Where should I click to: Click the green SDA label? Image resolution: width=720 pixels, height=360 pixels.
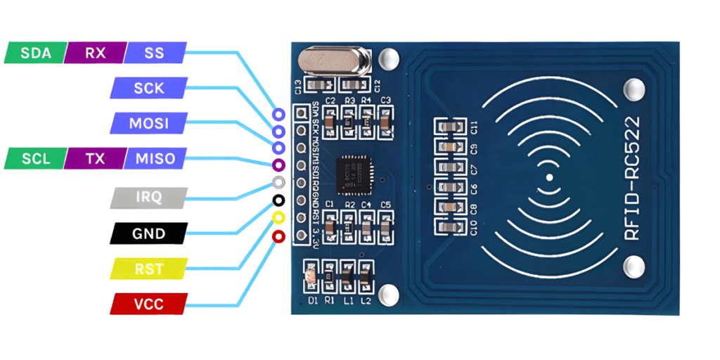[35, 53]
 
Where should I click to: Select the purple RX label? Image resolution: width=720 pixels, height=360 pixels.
[95, 53]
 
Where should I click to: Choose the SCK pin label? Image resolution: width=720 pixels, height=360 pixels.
[148, 88]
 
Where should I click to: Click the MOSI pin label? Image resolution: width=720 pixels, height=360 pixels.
[148, 124]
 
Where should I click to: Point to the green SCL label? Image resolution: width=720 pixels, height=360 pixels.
[35, 159]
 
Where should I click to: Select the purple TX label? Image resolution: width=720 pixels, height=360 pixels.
[95, 159]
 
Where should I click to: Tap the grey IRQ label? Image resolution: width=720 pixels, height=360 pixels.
[148, 198]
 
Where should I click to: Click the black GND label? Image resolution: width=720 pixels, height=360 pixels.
[148, 233]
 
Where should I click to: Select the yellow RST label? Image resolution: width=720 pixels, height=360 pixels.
[148, 269]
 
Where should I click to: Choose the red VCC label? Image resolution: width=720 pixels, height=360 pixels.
[148, 304]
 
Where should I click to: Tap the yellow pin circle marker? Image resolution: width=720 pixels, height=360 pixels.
[278, 219]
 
